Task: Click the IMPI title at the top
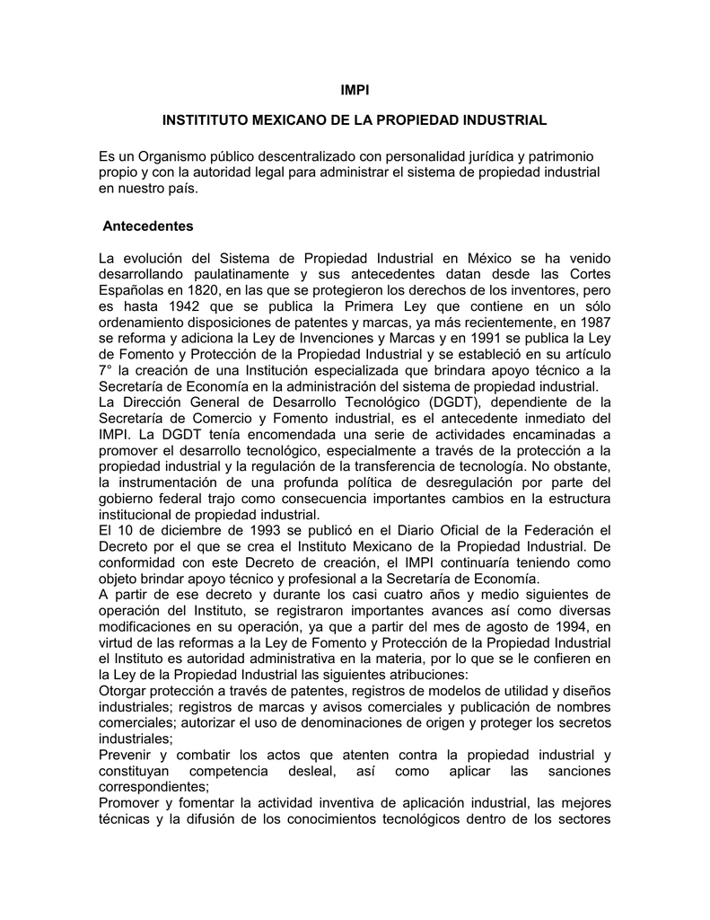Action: click(355, 91)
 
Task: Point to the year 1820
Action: click(205, 291)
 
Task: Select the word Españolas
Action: click(130, 291)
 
